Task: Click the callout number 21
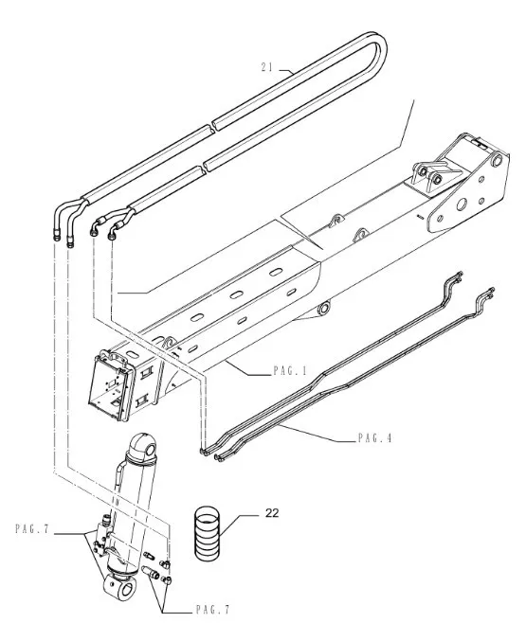point(267,67)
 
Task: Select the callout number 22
point(272,513)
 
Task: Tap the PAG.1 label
point(290,371)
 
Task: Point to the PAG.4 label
point(375,437)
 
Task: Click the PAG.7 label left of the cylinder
point(32,529)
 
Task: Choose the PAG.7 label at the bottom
point(212,609)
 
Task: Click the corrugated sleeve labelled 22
point(208,532)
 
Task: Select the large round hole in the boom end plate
point(462,205)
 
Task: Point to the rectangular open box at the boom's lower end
point(109,383)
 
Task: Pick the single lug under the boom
point(322,309)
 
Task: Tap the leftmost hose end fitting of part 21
point(57,236)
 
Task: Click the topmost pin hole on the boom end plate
point(497,160)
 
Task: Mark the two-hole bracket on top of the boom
point(429,174)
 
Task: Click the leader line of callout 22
point(238,524)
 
